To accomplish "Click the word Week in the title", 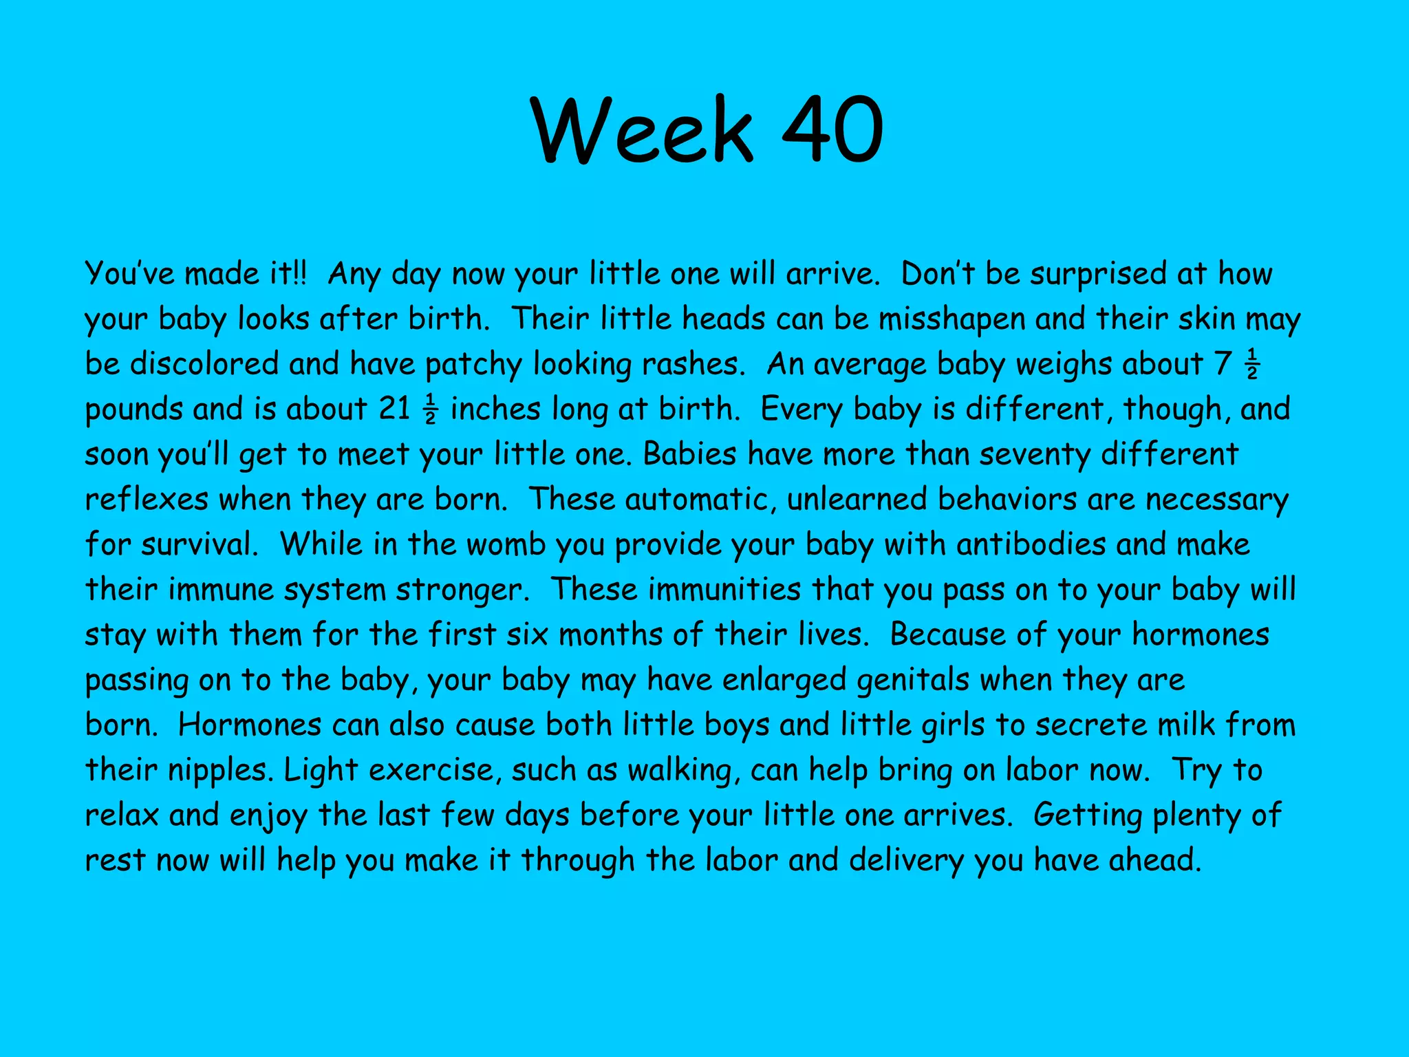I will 643,130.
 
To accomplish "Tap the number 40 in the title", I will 833,130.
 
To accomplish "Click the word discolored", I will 204,364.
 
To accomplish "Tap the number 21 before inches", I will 395,409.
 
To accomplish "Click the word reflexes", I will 147,500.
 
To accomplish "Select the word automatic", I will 701,500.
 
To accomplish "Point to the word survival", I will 200,545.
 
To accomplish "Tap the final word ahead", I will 1154,861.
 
